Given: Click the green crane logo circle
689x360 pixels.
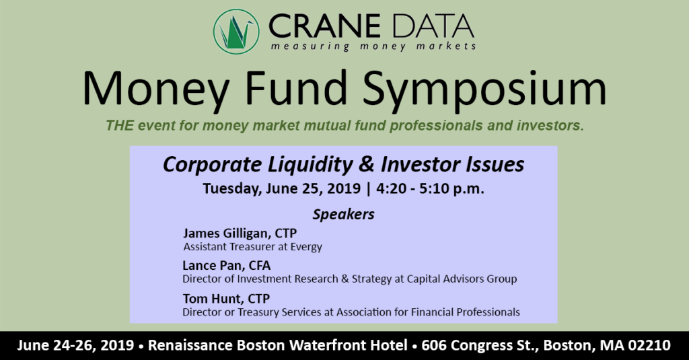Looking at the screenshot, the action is (x=235, y=32).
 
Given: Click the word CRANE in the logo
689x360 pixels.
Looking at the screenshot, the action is (x=324, y=26).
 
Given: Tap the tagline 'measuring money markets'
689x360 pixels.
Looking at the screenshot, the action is (x=373, y=46).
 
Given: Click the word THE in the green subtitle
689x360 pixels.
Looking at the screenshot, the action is (x=120, y=126).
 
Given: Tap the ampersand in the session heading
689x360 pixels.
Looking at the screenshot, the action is (x=366, y=164).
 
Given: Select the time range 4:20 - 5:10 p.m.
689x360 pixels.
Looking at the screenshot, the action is (x=430, y=188).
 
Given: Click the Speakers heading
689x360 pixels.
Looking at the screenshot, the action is (x=344, y=215).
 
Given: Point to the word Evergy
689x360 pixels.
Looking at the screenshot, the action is (x=306, y=247).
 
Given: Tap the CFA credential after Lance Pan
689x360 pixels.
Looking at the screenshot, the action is (x=260, y=266).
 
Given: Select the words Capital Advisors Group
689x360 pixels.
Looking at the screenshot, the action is (x=462, y=279).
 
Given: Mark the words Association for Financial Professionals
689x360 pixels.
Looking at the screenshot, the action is (x=428, y=312).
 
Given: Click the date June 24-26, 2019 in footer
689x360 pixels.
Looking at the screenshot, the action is (x=75, y=345).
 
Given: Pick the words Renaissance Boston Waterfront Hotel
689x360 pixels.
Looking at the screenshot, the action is (x=278, y=345).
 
